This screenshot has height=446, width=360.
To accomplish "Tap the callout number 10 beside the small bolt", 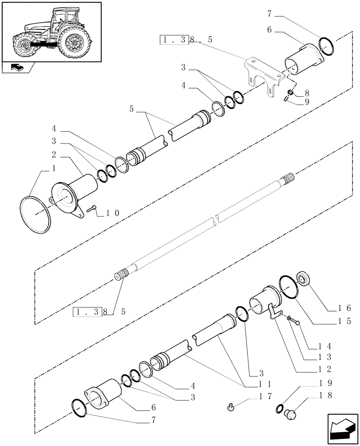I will [x=112, y=213].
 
